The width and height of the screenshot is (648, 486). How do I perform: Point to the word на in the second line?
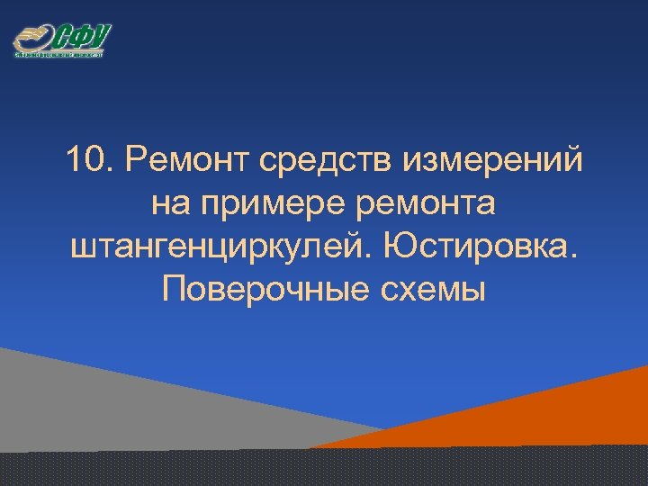(167, 204)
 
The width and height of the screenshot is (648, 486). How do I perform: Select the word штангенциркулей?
(226, 246)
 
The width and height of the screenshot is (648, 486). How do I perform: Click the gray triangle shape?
(108, 405)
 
